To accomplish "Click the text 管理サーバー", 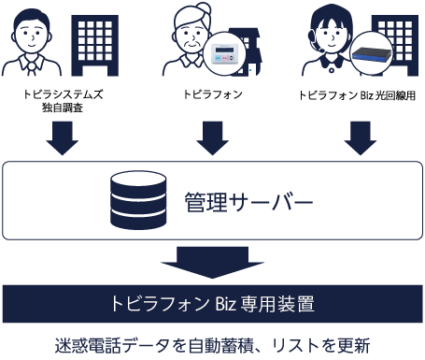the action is click(248, 202).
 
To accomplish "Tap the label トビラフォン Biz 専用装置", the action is click(213, 304).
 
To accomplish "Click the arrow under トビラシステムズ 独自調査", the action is click(63, 138).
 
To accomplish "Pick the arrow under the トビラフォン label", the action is click(213, 138).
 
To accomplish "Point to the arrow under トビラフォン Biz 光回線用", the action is click(361, 138).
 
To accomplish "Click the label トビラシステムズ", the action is click(63, 94).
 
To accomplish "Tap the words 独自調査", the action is click(63, 108).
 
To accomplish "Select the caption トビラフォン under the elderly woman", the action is click(213, 94).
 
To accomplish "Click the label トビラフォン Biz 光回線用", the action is click(357, 95).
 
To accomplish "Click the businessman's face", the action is click(31, 36).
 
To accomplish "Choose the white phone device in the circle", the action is click(224, 53).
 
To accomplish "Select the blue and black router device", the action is click(372, 54).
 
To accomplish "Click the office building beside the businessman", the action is click(95, 46).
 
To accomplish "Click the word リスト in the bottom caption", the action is click(291, 345).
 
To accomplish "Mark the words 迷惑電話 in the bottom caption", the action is click(88, 345).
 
